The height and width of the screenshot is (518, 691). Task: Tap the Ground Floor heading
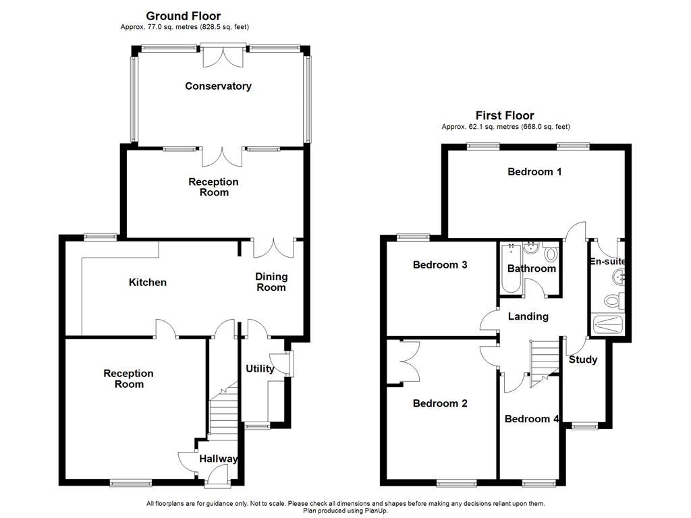pyautogui.click(x=183, y=16)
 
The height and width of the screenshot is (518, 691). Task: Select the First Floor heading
pyautogui.click(x=505, y=115)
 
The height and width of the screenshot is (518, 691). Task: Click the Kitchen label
pyautogui.click(x=147, y=282)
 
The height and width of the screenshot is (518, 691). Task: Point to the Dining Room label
pyautogui.click(x=271, y=282)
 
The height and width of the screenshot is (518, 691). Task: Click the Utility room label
pyautogui.click(x=260, y=368)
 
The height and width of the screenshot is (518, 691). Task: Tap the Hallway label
pyautogui.click(x=218, y=459)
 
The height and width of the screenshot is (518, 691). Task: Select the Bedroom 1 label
pyautogui.click(x=534, y=171)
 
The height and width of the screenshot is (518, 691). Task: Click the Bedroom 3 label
pyautogui.click(x=440, y=264)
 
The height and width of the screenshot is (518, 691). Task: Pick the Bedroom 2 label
pyautogui.click(x=440, y=403)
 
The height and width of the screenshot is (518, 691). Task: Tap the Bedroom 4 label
pyautogui.click(x=531, y=418)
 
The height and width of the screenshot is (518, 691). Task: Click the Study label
pyautogui.click(x=582, y=359)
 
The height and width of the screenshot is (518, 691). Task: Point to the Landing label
pyautogui.click(x=528, y=316)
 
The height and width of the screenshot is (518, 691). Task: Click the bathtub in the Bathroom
pyautogui.click(x=509, y=268)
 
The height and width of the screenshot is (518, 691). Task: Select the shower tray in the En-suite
pyautogui.click(x=609, y=325)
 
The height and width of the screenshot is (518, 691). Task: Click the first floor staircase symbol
pyautogui.click(x=545, y=362)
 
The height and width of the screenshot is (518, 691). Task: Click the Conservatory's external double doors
pyautogui.click(x=223, y=57)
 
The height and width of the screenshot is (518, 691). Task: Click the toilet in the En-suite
pyautogui.click(x=615, y=301)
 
